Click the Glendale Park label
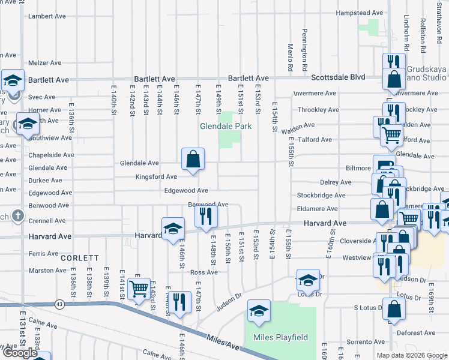(225, 126)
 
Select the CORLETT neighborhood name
(79, 258)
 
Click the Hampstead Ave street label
(359, 13)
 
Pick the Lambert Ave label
(45, 16)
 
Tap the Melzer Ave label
(45, 63)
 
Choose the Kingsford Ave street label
(155, 177)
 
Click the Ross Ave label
(203, 272)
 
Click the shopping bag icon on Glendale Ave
(193, 160)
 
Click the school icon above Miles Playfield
(259, 311)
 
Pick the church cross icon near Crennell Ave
(19, 215)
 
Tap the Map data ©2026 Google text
(412, 355)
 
